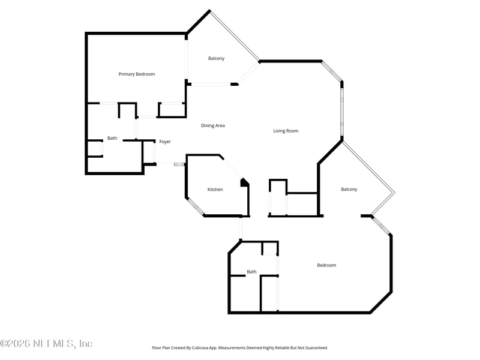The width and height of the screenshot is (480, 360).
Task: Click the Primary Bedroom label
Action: coord(136,74)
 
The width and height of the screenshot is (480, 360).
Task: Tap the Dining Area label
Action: coord(213,126)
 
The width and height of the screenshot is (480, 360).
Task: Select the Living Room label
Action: coord(286,131)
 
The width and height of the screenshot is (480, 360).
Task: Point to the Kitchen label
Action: coord(215,190)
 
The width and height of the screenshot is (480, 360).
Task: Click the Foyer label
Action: coord(165,142)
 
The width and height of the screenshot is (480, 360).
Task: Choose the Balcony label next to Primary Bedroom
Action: coord(217,58)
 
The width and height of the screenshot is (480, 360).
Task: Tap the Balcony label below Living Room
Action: coord(349,190)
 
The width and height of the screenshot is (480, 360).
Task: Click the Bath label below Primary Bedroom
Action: coord(112,139)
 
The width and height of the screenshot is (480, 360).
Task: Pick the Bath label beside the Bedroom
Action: coord(251,272)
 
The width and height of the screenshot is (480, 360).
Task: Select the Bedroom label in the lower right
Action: coord(326,265)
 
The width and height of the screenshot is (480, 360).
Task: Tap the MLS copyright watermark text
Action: coord(46,344)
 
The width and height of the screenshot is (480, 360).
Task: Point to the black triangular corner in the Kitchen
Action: coord(244,182)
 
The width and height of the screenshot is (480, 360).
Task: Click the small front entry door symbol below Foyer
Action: coord(179,164)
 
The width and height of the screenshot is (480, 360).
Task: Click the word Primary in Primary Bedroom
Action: coord(127,74)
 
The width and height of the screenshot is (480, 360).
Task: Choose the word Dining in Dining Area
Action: coord(208,126)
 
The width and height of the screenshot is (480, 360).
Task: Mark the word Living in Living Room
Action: coord(279,131)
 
